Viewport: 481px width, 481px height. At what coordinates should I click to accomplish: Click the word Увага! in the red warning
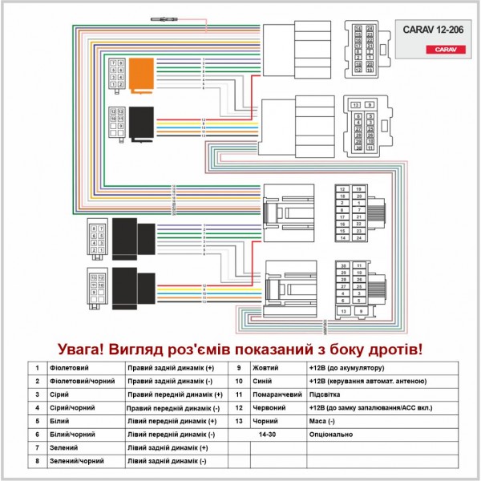pos(87,350)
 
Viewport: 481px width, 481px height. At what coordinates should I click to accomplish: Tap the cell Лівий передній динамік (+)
pos(172,421)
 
